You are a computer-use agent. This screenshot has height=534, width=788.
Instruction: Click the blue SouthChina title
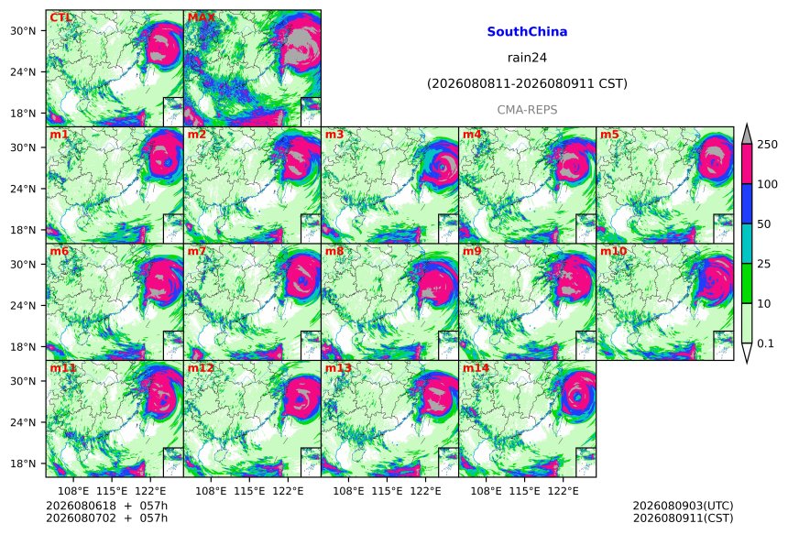(x=527, y=32)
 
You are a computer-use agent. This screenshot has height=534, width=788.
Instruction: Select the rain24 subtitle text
(x=527, y=58)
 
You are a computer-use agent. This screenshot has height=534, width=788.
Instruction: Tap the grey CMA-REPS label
(x=527, y=110)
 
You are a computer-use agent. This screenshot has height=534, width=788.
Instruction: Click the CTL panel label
(x=60, y=18)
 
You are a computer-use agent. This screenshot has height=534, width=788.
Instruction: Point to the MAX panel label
(x=201, y=18)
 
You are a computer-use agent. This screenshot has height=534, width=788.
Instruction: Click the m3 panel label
(x=334, y=135)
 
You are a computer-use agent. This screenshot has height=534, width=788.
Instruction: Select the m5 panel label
(x=609, y=135)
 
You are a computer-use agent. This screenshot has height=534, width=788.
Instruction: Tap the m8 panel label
(x=334, y=251)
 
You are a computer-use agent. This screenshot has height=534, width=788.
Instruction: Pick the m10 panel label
(x=613, y=251)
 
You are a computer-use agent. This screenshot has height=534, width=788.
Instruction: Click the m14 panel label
(x=476, y=368)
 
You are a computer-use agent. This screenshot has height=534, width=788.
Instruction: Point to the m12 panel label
(x=201, y=368)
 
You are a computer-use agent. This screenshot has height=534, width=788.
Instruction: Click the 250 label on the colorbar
(x=768, y=145)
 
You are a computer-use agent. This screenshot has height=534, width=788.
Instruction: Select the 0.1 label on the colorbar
(x=765, y=343)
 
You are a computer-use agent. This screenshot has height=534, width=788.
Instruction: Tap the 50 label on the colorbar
(x=764, y=224)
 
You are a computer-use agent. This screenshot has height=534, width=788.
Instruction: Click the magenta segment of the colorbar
(x=747, y=164)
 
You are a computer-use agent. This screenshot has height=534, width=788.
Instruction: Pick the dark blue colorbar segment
(x=747, y=204)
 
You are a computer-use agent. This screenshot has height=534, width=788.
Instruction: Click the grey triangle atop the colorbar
(x=747, y=136)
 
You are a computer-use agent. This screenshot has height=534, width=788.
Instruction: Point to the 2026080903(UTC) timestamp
(x=683, y=506)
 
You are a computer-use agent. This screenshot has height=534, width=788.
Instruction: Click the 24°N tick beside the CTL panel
(x=23, y=71)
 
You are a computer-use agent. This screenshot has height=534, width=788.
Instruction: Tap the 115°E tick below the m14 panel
(x=525, y=491)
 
